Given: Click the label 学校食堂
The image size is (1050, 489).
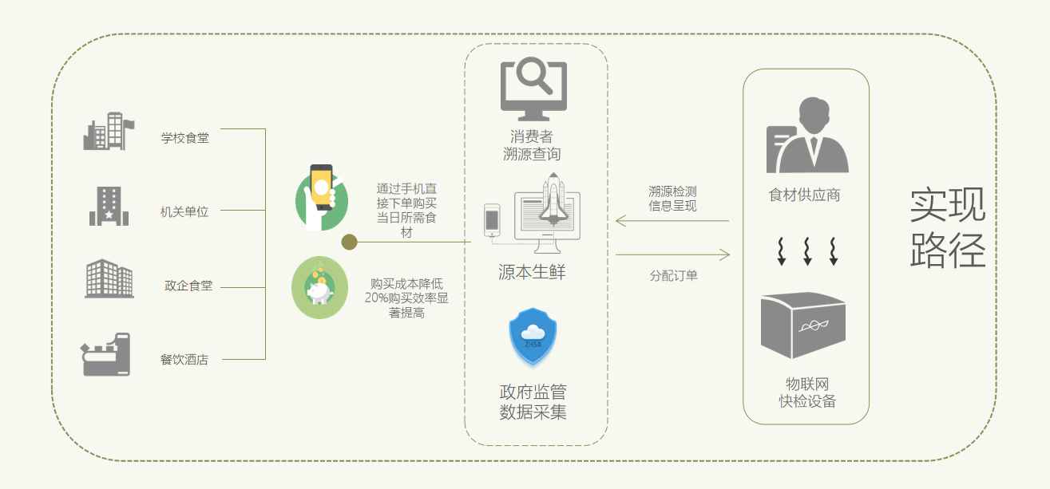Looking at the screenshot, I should [x=184, y=138].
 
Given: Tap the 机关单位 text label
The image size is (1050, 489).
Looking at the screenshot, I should [x=184, y=211].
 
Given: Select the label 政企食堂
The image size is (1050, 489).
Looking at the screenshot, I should [x=188, y=286].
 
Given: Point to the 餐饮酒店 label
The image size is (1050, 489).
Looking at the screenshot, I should [x=184, y=360].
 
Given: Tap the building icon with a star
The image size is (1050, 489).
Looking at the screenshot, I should [x=108, y=206].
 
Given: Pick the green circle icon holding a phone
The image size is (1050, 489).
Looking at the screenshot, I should [x=321, y=197].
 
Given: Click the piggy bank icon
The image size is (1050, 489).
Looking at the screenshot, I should [x=319, y=288].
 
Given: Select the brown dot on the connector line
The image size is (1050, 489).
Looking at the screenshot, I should [x=349, y=242].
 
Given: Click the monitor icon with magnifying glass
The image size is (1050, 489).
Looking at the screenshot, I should [x=533, y=85].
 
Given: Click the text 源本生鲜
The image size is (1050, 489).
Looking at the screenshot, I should [x=532, y=273].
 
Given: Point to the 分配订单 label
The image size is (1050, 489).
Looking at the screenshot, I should [x=673, y=275].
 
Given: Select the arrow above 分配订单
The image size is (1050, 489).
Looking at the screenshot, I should [x=672, y=255].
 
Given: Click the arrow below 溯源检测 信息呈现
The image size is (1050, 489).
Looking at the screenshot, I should [x=672, y=221].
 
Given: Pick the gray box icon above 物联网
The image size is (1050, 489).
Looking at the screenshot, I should [x=802, y=325].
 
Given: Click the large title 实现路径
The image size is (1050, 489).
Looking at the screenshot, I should [x=948, y=228].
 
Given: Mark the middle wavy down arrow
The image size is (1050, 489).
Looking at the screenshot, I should [x=807, y=250].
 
